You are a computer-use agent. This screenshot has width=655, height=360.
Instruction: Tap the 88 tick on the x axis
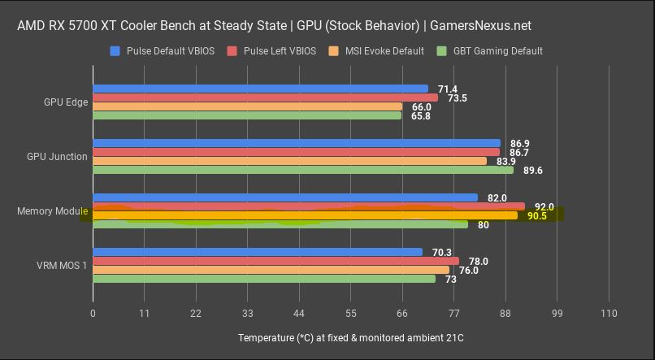pos(505,314)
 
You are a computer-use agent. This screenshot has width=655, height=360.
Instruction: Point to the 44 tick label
pos(299,314)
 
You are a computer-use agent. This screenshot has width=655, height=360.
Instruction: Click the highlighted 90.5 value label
pos(536,216)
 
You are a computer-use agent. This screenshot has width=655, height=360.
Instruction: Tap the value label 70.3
pos(442,252)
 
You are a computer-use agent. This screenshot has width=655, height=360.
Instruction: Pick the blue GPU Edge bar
pos(260,89)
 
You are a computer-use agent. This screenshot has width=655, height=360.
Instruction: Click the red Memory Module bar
pos(309,206)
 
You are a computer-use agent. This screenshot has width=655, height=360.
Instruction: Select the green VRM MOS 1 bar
pos(264,279)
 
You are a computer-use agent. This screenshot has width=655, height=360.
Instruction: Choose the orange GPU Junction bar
pos(289,161)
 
